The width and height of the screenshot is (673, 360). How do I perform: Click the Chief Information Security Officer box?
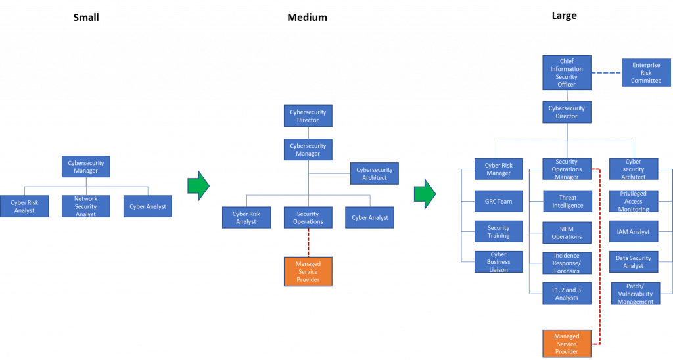567,73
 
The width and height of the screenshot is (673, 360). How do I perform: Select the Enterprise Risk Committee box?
646,73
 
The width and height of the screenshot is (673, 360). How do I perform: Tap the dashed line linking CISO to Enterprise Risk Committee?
606,73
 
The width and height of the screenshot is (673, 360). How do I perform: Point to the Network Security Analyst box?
85,206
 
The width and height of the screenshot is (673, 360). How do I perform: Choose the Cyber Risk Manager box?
498,169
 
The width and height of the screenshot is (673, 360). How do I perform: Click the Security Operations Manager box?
567,169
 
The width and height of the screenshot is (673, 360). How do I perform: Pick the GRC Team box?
498,202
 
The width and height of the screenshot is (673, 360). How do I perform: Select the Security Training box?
498,232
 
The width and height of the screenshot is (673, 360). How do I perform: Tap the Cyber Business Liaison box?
498,262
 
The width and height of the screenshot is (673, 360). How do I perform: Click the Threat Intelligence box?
567,202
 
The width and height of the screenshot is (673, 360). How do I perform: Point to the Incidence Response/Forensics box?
567,263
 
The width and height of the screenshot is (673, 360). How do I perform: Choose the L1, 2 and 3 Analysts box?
567,294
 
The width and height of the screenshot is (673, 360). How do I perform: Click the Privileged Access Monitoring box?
634,202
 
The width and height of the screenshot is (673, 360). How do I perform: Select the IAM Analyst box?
634,232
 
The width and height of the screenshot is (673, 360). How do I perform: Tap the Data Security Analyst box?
634,262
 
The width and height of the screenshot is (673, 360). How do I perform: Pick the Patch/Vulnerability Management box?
636,294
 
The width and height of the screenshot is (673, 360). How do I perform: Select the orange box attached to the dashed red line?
567,344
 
